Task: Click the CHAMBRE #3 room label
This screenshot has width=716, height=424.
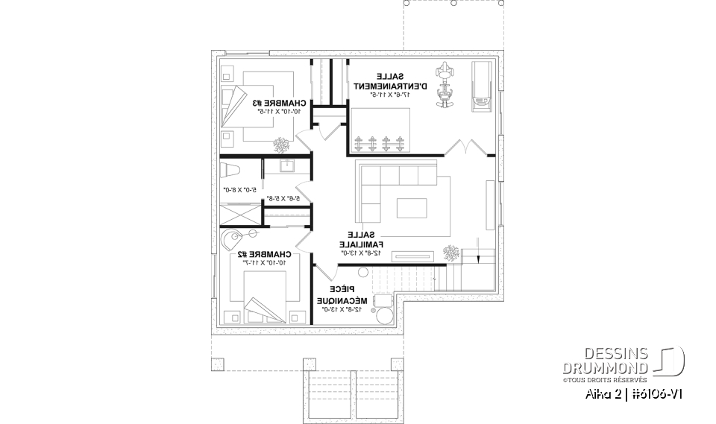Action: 278,103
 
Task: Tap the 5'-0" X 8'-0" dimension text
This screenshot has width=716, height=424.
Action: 239,190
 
